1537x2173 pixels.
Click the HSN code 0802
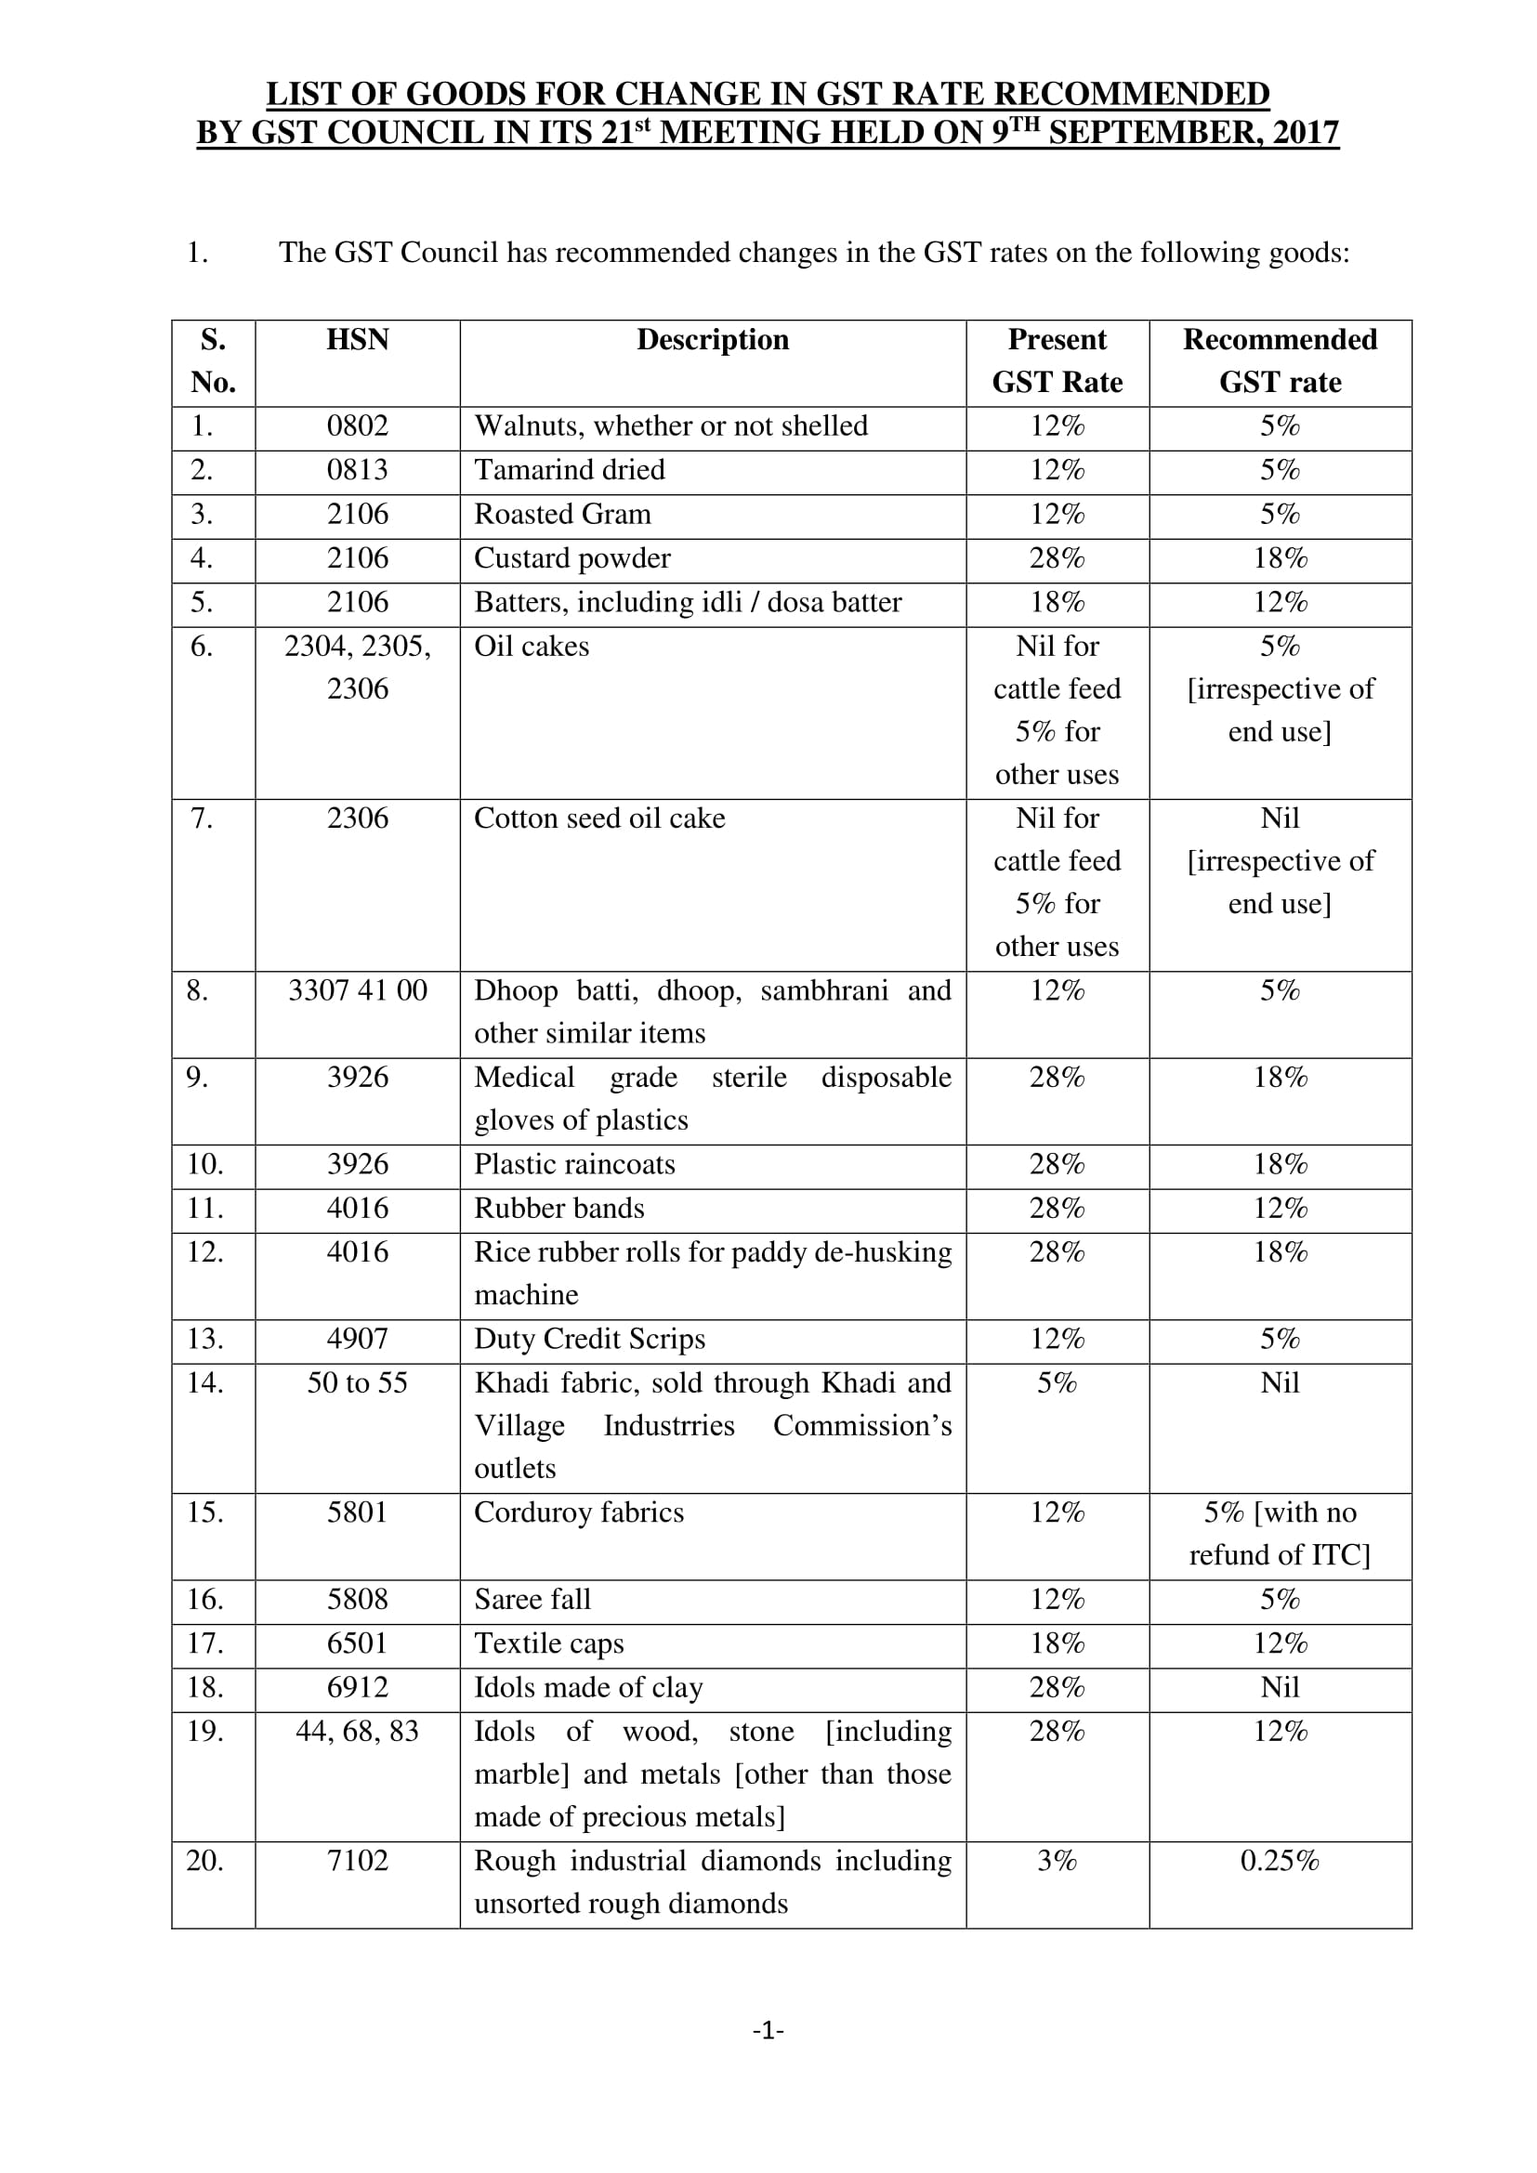coord(357,426)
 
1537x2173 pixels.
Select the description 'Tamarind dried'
coord(569,470)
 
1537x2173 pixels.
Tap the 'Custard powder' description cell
coord(571,558)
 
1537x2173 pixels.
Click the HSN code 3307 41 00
coord(357,991)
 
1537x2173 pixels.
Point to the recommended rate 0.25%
coord(1280,1862)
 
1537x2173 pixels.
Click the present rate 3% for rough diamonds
coord(1057,1862)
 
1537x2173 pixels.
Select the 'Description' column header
coord(712,340)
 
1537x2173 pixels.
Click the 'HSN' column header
coord(357,340)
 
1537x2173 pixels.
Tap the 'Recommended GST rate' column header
coord(1280,360)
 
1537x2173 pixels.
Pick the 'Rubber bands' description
coord(558,1209)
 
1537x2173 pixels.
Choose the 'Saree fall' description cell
coord(532,1600)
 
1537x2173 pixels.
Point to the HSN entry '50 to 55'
coord(357,1383)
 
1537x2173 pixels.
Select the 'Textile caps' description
coord(549,1644)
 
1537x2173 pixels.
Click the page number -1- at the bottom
coord(768,2030)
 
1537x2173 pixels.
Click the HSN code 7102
coord(357,1862)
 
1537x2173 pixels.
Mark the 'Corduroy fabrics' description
coord(578,1513)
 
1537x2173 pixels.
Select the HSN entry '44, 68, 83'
coord(357,1732)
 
